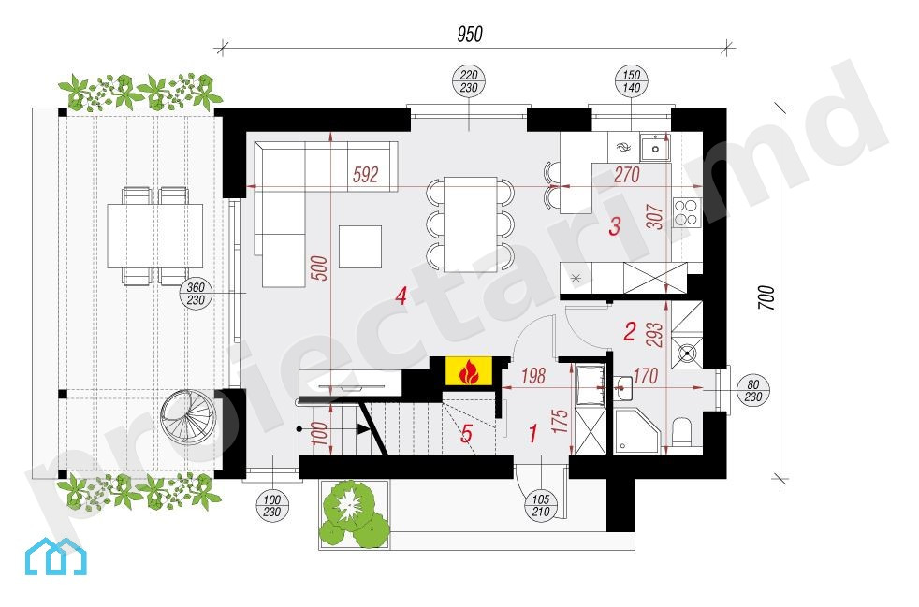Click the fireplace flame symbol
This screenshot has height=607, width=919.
[468, 372]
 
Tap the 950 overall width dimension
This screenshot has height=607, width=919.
[470, 35]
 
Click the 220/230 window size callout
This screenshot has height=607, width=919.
[469, 80]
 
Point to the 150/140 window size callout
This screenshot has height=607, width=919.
[631, 80]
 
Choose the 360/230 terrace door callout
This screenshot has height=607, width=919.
[196, 294]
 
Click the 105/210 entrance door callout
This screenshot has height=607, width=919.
[540, 505]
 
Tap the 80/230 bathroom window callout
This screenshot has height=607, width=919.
[753, 391]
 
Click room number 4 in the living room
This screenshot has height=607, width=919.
[401, 296]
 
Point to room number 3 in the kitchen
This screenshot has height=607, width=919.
[615, 226]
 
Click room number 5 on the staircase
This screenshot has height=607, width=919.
[467, 434]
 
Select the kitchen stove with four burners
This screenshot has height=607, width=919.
[687, 212]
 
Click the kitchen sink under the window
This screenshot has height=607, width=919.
[655, 147]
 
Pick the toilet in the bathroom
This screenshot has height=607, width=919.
[682, 432]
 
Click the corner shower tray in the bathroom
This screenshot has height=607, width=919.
[637, 432]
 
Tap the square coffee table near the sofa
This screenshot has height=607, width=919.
[360, 247]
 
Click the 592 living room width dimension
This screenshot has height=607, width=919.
[366, 175]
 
